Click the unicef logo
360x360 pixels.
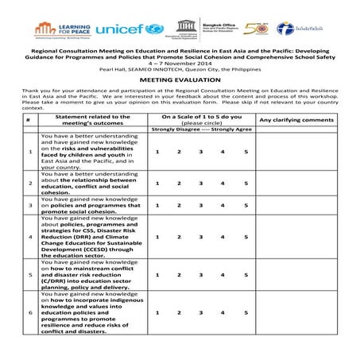[x=129, y=30]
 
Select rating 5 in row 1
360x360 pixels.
[x=246, y=152]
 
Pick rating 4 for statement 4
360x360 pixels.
[x=223, y=237]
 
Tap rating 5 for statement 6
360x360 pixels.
[x=246, y=313]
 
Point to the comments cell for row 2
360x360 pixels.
[x=296, y=183]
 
